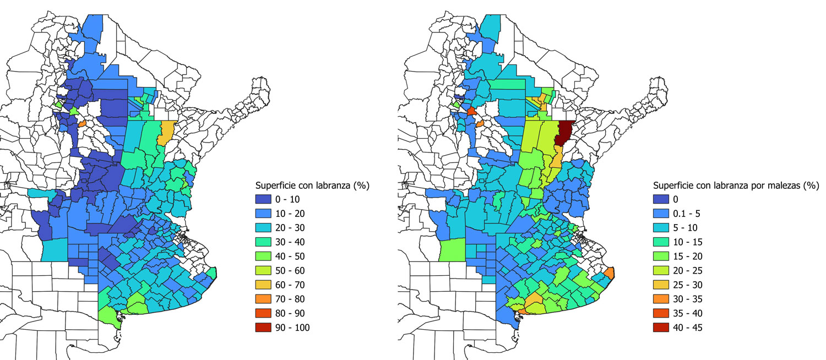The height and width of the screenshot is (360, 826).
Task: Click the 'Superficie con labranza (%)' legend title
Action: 311,186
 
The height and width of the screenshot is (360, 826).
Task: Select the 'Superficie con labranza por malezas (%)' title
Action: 736,186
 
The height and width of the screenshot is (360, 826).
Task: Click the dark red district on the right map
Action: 564,133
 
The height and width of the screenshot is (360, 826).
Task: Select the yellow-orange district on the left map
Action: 166,132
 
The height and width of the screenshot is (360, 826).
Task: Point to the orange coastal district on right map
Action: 608,273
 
